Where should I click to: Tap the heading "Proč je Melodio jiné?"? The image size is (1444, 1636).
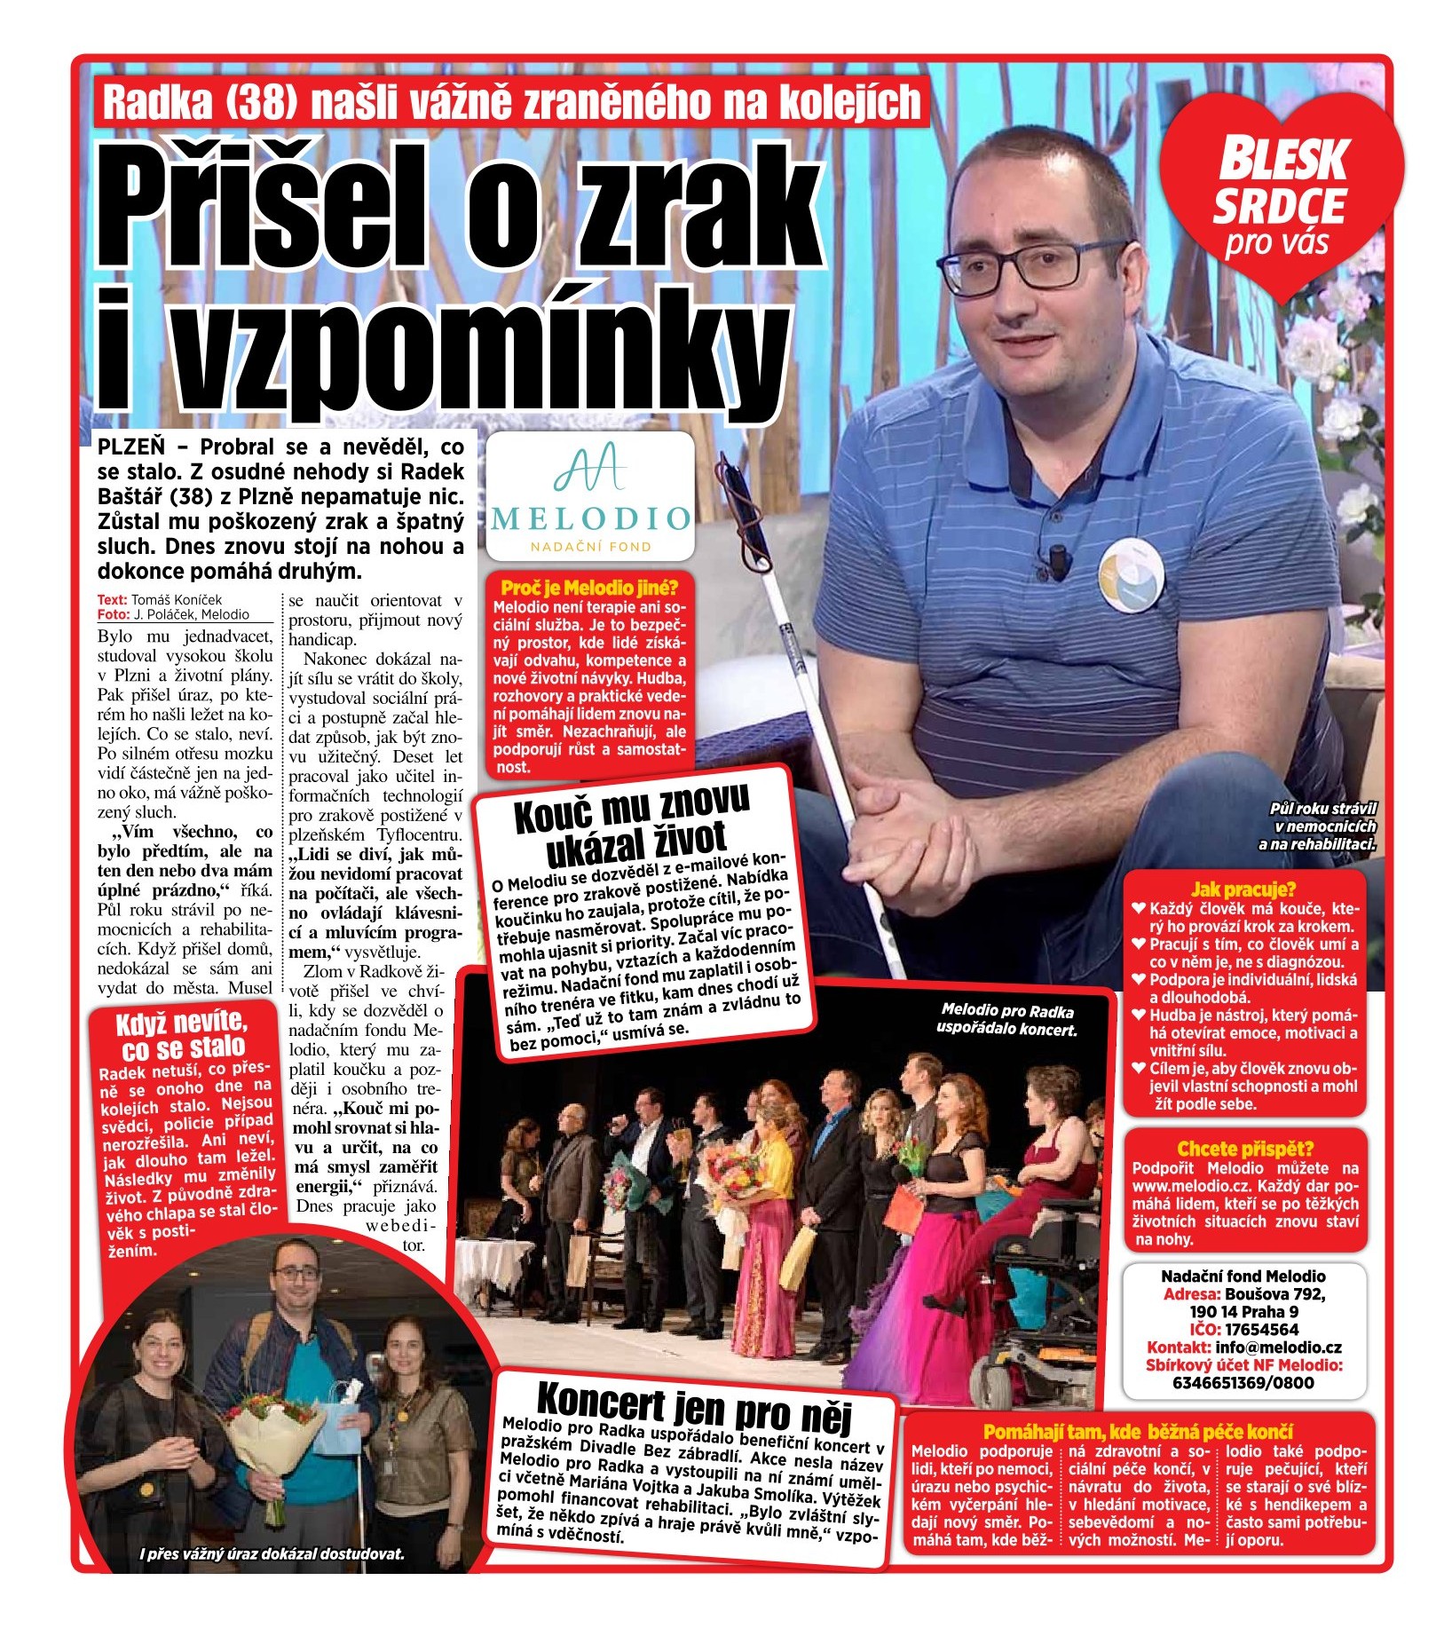(x=589, y=588)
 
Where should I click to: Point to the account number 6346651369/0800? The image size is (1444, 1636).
(x=1243, y=1383)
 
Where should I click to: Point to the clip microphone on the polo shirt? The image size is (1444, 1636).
(x=1058, y=558)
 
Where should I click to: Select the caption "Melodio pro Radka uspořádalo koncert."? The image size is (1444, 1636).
(x=1007, y=1020)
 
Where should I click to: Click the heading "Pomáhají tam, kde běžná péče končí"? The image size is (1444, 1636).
(x=1138, y=1432)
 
